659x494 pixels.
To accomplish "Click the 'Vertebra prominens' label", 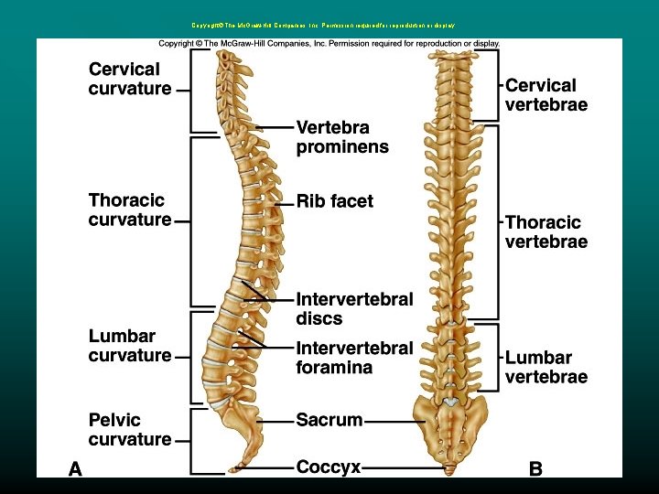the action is pyautogui.click(x=342, y=136).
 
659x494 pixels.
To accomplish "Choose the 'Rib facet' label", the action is pyautogui.click(x=335, y=201).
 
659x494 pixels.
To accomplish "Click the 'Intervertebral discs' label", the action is pyautogui.click(x=354, y=308).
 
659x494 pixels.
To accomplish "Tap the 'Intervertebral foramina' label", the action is pyautogui.click(x=354, y=358).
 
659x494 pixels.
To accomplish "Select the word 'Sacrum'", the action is pyautogui.click(x=329, y=421).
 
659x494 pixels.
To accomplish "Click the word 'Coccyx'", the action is pyautogui.click(x=328, y=467).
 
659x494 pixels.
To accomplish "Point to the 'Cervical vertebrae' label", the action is pyautogui.click(x=546, y=94).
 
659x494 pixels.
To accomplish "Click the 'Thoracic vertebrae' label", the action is pyautogui.click(x=546, y=231).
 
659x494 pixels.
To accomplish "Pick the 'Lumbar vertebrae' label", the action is pyautogui.click(x=546, y=367).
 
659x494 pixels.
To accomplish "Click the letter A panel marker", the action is pyautogui.click(x=75, y=469).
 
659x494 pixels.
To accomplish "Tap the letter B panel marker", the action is pyautogui.click(x=535, y=469).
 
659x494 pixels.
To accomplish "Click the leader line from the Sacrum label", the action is pyautogui.click(x=394, y=421).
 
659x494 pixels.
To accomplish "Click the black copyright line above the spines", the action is pyautogui.click(x=329, y=43).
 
